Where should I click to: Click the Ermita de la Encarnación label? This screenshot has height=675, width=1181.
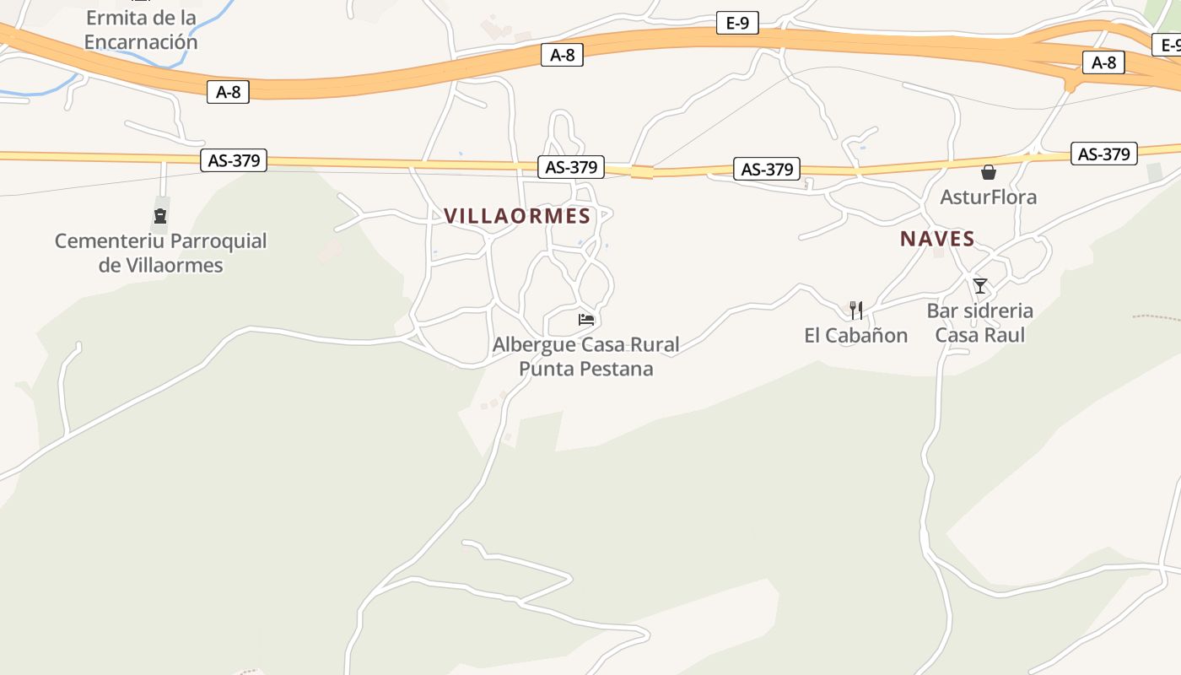click(x=141, y=30)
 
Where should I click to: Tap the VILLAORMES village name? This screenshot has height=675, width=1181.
click(x=517, y=216)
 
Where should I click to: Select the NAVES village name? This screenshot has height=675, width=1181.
click(x=937, y=239)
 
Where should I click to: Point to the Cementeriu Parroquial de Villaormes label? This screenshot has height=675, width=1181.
click(x=160, y=253)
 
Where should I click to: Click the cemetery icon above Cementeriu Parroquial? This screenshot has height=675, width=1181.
click(x=160, y=216)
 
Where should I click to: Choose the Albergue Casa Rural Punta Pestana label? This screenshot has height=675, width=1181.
click(x=585, y=357)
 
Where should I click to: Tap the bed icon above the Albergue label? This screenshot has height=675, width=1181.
click(x=586, y=320)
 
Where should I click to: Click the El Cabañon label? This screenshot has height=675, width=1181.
click(x=855, y=336)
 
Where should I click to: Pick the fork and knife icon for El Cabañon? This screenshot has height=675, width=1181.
click(x=855, y=310)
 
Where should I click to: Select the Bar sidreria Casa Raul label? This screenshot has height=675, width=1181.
click(x=979, y=323)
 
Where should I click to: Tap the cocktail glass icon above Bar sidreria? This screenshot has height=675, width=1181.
click(x=979, y=286)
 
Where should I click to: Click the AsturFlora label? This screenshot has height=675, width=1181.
click(x=988, y=197)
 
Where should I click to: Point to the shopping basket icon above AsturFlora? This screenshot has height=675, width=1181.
click(x=988, y=173)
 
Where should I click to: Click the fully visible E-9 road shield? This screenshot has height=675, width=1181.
click(x=737, y=23)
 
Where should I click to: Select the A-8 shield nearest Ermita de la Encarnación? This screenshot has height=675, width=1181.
click(x=228, y=92)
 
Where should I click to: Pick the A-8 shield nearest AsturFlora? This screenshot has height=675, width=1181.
click(x=1103, y=62)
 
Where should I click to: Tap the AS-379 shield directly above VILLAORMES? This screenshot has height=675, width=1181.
click(x=571, y=167)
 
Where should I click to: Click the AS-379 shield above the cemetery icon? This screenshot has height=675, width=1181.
click(x=234, y=160)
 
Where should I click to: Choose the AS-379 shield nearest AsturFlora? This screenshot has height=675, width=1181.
click(x=1104, y=154)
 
